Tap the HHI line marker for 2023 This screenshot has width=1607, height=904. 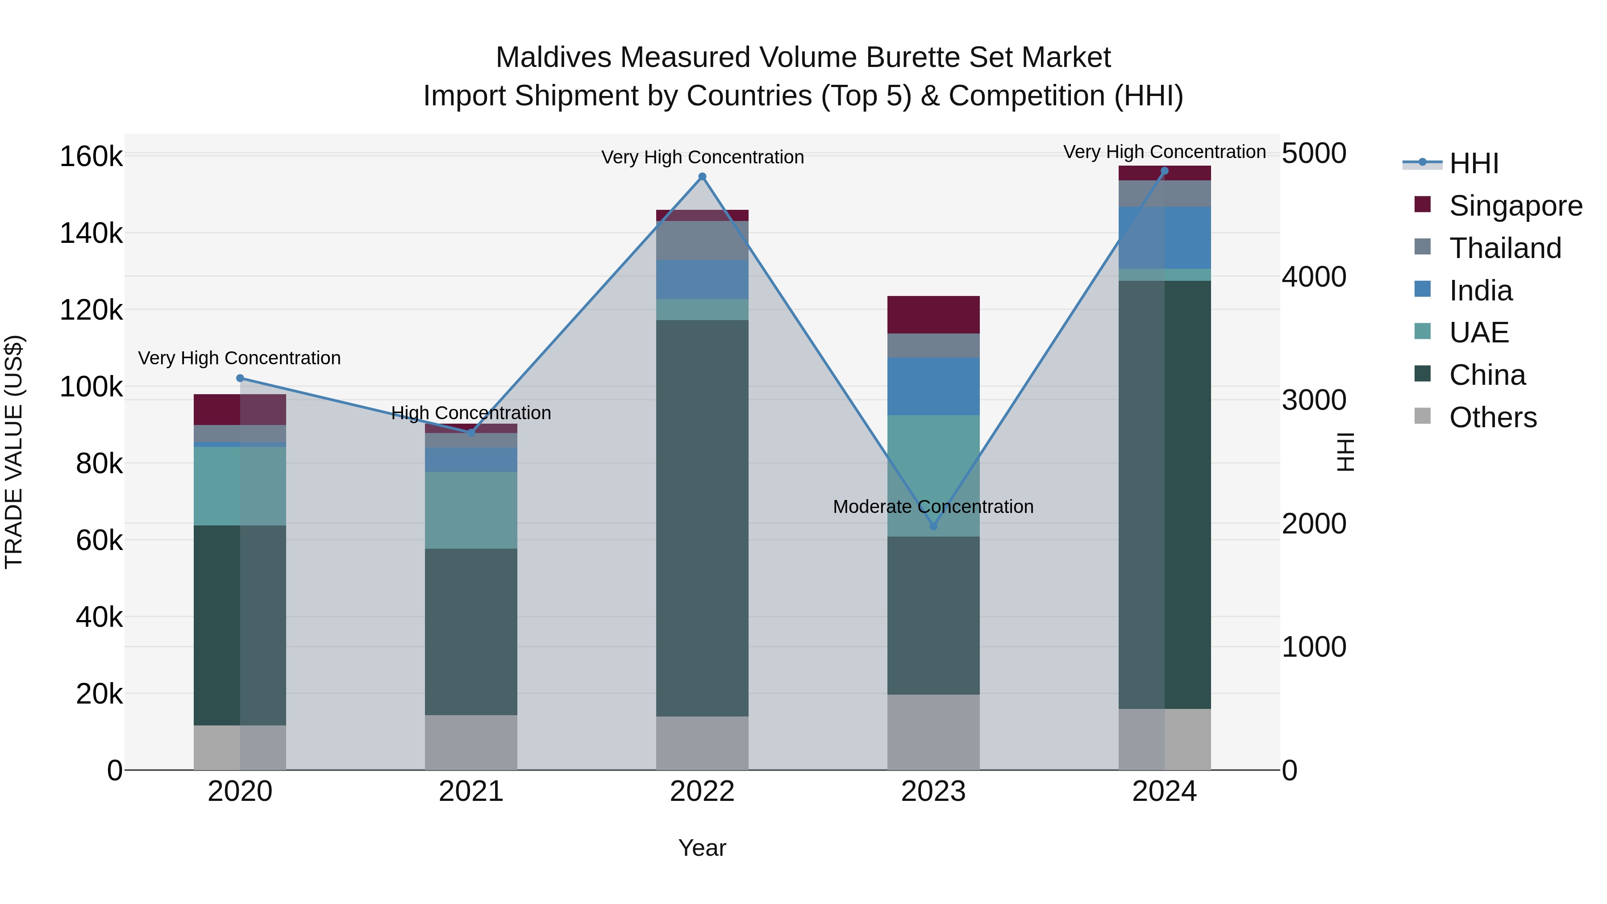click(x=933, y=526)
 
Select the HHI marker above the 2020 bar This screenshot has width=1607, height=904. click(x=240, y=378)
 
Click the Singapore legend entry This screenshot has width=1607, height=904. click(x=1515, y=206)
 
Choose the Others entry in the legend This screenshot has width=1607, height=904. click(x=1492, y=417)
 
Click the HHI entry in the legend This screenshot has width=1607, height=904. click(x=1474, y=163)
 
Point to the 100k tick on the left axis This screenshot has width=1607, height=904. click(x=91, y=387)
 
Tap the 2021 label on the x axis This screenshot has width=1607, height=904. click(x=471, y=792)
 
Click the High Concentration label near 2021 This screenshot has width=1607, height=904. click(x=471, y=413)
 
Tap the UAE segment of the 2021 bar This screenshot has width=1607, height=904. click(x=471, y=510)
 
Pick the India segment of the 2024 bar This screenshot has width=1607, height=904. click(x=1164, y=237)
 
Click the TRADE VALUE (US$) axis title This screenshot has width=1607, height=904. click(x=14, y=452)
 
